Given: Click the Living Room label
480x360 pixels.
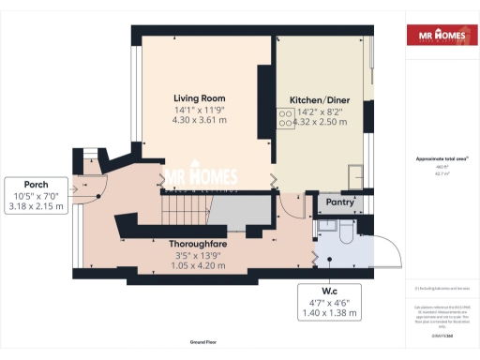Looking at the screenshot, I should (x=200, y=97).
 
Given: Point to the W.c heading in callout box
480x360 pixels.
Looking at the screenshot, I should (x=330, y=290).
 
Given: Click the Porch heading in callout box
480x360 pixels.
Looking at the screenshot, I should (x=35, y=184).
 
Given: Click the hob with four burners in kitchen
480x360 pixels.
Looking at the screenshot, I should (x=284, y=118).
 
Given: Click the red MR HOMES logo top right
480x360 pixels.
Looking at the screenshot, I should (x=438, y=37).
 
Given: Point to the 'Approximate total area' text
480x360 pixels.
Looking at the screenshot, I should (x=437, y=160).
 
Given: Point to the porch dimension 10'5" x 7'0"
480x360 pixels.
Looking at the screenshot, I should (x=35, y=195).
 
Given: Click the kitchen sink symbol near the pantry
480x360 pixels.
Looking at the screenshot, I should (x=356, y=173).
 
